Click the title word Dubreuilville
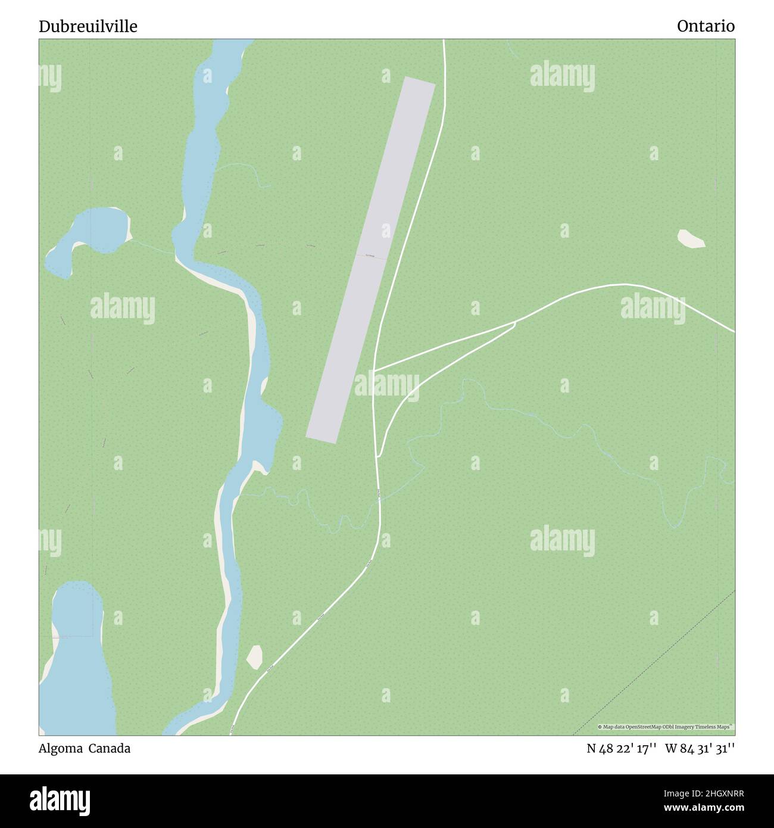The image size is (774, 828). (88, 26)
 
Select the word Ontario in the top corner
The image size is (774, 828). (705, 26)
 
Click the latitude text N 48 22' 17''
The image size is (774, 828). (621, 749)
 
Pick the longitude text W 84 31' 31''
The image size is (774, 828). (700, 749)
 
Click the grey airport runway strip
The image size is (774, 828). (370, 260)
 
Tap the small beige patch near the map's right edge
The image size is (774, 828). (691, 239)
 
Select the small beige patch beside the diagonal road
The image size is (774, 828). (255, 656)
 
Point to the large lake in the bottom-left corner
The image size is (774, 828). (77, 661)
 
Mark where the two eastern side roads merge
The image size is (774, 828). (516, 322)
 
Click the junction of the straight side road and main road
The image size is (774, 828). (374, 371)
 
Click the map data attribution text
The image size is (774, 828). (665, 727)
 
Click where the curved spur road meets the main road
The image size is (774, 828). (379, 456)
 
